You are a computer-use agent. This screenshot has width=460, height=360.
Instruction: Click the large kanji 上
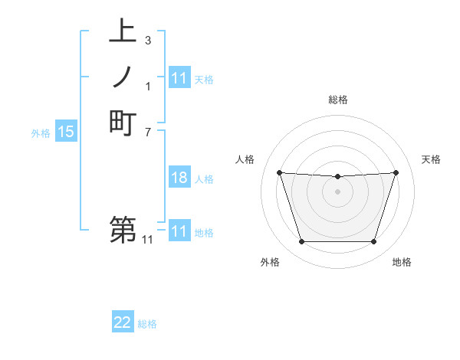[123, 32]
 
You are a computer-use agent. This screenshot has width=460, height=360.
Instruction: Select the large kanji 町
[123, 122]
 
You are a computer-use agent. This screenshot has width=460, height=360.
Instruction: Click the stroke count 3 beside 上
[147, 40]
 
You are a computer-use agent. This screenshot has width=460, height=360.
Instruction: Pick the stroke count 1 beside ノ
[147, 86]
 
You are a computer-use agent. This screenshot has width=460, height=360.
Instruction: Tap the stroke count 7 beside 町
[147, 131]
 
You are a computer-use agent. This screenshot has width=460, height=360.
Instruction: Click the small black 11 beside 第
[147, 240]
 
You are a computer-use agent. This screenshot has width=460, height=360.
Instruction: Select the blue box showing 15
[66, 133]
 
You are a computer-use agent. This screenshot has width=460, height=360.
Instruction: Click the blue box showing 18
[179, 178]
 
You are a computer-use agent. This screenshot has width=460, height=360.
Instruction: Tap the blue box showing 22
[123, 323]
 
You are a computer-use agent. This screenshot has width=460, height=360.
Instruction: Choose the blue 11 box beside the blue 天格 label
[179, 78]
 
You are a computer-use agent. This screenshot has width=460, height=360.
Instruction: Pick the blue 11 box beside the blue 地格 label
[179, 232]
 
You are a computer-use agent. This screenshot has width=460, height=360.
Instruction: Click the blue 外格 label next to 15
[41, 133]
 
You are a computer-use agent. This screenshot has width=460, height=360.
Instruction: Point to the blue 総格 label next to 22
[147, 324]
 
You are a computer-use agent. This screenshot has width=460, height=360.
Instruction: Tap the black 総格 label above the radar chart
[338, 100]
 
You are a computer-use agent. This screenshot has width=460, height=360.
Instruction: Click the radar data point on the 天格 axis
[396, 172]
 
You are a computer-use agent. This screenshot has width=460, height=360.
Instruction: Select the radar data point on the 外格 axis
[301, 242]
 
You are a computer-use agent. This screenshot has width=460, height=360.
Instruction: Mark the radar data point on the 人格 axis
[279, 172]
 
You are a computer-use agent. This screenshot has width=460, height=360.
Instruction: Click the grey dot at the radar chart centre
[338, 191]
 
